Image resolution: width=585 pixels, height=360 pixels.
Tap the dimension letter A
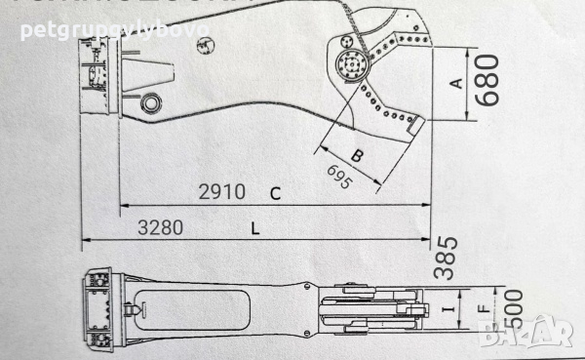coord(454,83)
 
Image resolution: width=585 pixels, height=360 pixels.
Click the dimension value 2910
coord(222,192)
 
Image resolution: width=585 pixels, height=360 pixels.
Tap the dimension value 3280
coord(161,228)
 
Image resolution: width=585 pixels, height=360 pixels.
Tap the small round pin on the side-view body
coord(151,103)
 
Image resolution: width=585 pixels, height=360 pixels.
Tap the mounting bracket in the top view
coord(98,310)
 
